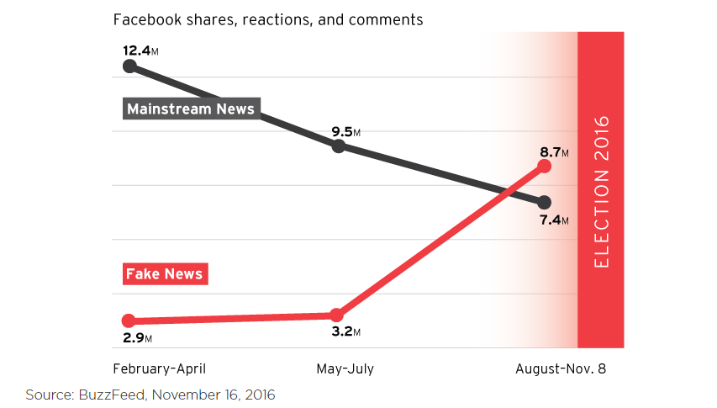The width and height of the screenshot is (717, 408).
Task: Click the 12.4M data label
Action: (x=140, y=50)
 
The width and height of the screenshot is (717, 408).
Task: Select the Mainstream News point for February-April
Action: (x=129, y=66)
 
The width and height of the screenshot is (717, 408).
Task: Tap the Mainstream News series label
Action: (x=190, y=109)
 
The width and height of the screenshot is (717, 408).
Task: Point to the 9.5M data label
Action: (x=346, y=131)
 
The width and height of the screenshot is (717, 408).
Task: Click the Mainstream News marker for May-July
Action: (x=339, y=146)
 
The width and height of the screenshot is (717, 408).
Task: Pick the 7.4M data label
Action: (x=554, y=220)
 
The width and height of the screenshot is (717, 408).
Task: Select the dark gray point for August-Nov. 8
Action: (x=544, y=202)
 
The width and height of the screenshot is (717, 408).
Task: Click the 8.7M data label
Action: (x=554, y=152)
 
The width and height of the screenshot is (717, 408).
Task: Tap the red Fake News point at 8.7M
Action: (x=544, y=166)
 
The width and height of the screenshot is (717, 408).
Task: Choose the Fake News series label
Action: (x=164, y=273)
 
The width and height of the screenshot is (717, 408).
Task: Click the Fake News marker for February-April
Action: (x=129, y=321)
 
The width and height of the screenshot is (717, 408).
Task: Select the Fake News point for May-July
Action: (x=336, y=315)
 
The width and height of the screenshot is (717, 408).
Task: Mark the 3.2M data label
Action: (x=345, y=331)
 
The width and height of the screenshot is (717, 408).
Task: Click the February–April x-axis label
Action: (x=160, y=368)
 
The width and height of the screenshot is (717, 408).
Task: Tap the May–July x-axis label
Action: (x=345, y=368)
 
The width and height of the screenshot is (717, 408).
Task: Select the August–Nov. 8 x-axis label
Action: (x=561, y=368)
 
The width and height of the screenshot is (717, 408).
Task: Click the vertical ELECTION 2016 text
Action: (x=601, y=192)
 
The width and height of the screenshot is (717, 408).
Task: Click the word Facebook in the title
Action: (x=143, y=19)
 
